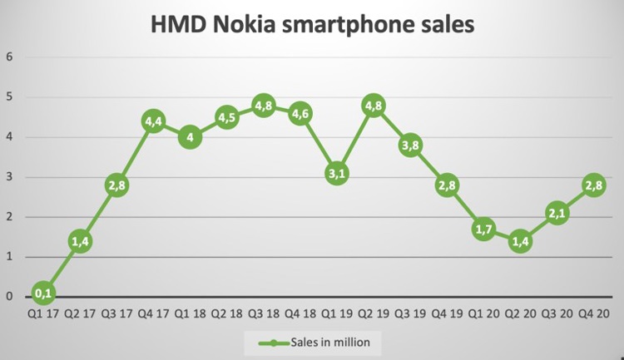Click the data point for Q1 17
[x=44, y=293]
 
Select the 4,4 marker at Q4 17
[x=154, y=121]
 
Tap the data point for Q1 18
[x=190, y=137]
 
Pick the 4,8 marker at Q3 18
[x=263, y=106]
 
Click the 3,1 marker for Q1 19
[x=336, y=173]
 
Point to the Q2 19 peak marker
[x=373, y=106]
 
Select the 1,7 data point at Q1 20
[x=483, y=228]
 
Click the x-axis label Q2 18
[x=226, y=314]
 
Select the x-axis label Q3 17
[x=117, y=314]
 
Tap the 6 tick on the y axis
[x=10, y=57]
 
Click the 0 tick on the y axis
[x=10, y=296]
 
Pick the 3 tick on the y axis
[x=10, y=177]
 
